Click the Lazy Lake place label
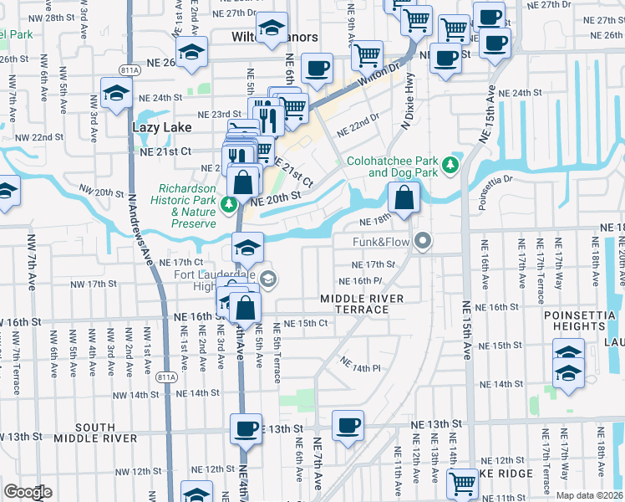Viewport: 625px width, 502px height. pyautogui.click(x=162, y=127)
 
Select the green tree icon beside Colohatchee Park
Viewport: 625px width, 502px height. pyautogui.click(x=451, y=165)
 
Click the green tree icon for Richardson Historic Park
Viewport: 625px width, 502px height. pyautogui.click(x=228, y=203)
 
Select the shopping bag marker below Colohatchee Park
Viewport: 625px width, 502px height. pyautogui.click(x=404, y=199)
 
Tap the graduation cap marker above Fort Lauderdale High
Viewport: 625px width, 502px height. pyautogui.click(x=247, y=248)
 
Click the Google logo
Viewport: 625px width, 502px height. pyautogui.click(x=28, y=492)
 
